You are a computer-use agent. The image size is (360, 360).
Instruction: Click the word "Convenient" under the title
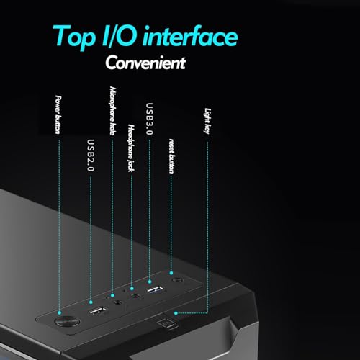145,63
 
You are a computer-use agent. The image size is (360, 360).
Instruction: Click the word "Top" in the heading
73,37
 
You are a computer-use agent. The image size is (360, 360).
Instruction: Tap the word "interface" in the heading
190,36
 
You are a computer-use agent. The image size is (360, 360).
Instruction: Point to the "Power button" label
58,114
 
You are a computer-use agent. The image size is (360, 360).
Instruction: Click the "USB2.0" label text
91,156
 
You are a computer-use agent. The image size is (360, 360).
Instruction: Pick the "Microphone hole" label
113,111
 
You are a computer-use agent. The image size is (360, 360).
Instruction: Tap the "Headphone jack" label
131,148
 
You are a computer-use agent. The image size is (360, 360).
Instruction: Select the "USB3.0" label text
150,119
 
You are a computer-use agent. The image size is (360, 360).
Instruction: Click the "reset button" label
171,156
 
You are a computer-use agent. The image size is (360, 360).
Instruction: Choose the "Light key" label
207,121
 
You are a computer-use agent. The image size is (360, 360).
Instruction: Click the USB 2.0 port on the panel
98,311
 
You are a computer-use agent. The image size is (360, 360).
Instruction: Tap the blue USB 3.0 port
155,289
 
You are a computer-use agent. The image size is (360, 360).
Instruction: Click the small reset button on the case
177,280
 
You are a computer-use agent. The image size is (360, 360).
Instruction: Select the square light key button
166,323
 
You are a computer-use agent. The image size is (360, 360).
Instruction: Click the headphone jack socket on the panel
135,296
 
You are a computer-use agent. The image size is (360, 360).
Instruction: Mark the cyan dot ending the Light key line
176,313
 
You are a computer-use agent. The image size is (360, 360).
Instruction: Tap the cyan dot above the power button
59,312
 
